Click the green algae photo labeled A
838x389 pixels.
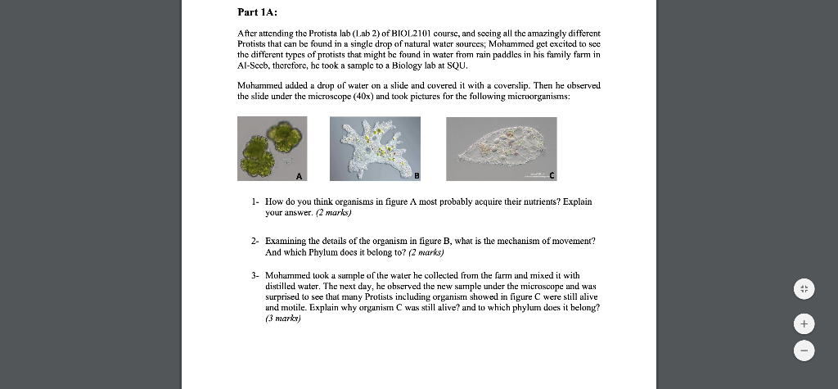pos(272,147)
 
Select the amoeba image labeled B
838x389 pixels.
pos(375,147)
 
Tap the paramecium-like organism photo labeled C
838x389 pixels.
pos(501,148)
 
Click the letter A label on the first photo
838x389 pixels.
pos(300,175)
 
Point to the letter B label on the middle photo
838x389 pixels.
pos(416,175)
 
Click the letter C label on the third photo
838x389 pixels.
pos(552,175)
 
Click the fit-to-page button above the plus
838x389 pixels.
pos(804,289)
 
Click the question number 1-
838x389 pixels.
pos(255,201)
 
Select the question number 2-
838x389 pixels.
pos(255,242)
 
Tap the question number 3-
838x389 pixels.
pos(255,276)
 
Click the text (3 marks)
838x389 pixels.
pos(283,319)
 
